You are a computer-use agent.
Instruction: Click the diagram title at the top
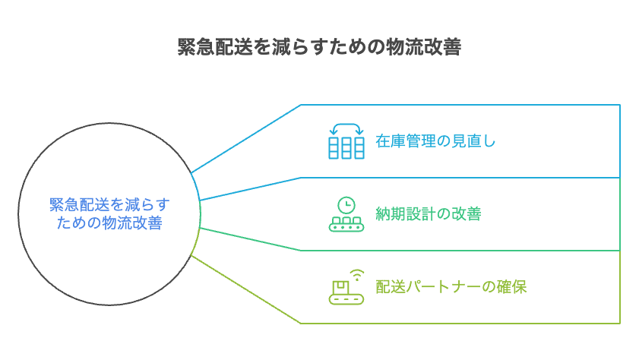pos(319,47)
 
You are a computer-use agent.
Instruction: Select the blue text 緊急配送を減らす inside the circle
pos(109,204)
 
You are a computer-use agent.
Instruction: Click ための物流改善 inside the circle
pos(109,223)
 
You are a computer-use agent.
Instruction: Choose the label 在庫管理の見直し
pos(435,141)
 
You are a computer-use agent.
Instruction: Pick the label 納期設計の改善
pos(428,214)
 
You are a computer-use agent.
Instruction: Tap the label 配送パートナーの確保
pos(451,287)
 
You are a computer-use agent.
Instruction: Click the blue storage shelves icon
pos(346,147)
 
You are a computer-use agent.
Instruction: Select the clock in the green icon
pos(346,205)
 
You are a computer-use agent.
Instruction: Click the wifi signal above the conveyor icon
pos(357,273)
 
